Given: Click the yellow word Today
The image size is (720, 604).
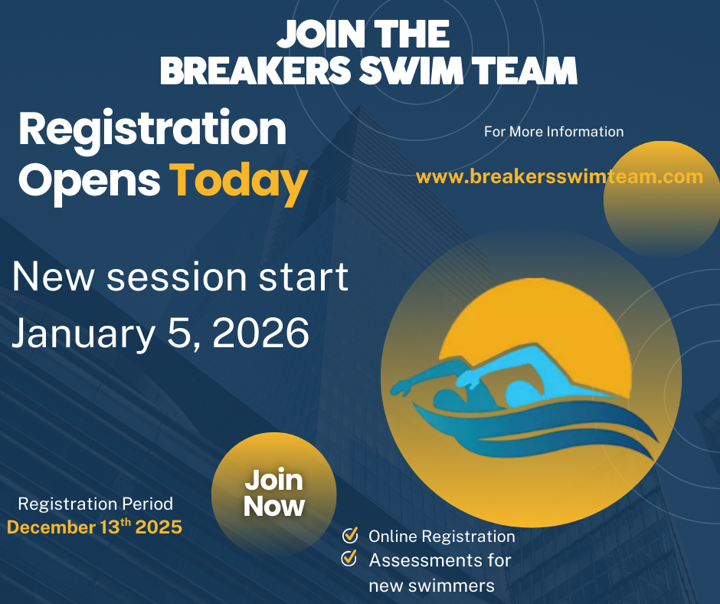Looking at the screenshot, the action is [238, 182].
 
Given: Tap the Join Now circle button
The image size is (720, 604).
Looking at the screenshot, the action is [273, 493].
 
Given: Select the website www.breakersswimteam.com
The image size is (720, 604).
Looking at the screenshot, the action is [559, 176].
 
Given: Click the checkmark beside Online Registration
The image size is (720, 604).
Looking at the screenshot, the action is [350, 535].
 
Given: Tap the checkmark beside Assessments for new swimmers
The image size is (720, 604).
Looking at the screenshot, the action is [349, 558].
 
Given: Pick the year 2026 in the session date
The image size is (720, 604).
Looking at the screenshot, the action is [261, 333].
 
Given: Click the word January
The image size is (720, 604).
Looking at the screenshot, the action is [83, 334].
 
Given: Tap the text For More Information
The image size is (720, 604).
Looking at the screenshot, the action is [554, 132].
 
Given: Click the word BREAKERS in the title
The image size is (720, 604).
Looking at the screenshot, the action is [256, 71].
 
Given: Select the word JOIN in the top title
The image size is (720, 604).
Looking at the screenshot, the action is [320, 34].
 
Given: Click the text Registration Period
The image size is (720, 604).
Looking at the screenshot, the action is [96, 504].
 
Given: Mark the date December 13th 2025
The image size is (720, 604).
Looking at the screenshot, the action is [94, 527].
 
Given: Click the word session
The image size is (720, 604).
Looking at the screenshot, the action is [177, 277].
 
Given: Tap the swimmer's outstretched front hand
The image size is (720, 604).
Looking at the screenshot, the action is [401, 387].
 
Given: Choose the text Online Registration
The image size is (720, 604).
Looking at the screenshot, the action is [442, 537].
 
